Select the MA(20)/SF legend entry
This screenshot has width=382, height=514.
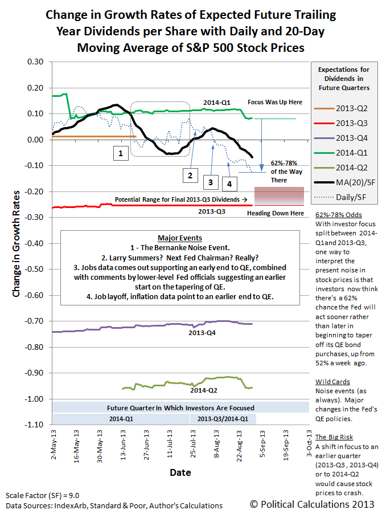(x=344, y=182)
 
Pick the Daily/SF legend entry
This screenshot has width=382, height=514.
(x=344, y=197)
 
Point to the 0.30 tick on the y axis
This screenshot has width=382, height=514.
(x=35, y=62)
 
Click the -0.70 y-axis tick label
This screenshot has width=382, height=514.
(x=34, y=321)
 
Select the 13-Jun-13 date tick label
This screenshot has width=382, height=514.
(x=123, y=445)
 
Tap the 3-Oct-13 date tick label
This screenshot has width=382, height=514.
(x=309, y=443)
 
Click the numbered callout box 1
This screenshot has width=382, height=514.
(x=121, y=153)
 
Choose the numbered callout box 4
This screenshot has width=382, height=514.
(x=229, y=184)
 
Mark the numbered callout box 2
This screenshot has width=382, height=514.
(x=190, y=176)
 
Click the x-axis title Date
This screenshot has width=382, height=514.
(x=180, y=472)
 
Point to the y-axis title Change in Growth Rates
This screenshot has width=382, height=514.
(x=16, y=244)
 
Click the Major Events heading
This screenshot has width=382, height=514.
(x=180, y=238)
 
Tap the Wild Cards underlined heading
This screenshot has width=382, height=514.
(x=332, y=382)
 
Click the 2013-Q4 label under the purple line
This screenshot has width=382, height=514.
(x=202, y=333)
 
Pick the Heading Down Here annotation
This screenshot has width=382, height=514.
(x=275, y=213)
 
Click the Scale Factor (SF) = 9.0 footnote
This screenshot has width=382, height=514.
(x=42, y=495)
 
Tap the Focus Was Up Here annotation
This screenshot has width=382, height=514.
(x=275, y=102)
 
